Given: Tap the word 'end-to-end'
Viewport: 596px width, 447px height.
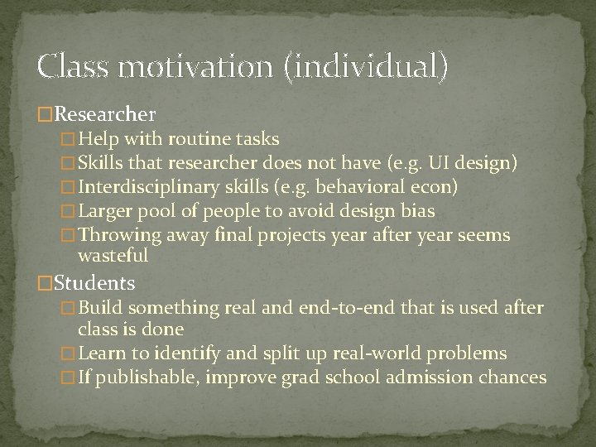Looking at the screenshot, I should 335,309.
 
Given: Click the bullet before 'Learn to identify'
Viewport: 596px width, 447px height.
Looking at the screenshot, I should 70,354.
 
